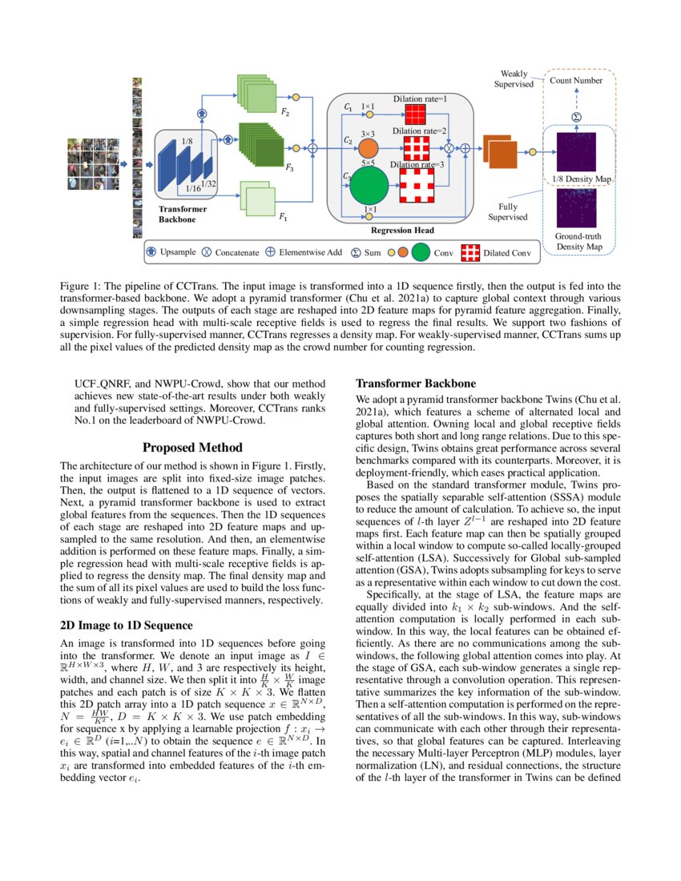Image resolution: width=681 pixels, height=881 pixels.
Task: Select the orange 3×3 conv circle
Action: [x=369, y=148]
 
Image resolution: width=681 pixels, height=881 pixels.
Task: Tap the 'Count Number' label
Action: [x=576, y=81]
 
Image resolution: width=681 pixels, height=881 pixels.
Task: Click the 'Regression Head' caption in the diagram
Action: [x=402, y=231]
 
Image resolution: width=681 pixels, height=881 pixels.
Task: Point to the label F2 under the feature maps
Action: [x=284, y=115]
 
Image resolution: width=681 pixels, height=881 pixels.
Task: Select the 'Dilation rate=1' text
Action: [x=420, y=99]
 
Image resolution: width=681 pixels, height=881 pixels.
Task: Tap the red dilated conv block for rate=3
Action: [x=416, y=186]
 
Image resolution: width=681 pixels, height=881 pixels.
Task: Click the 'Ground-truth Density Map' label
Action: [x=579, y=242]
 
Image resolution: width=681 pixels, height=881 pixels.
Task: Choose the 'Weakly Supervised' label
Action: [x=514, y=78]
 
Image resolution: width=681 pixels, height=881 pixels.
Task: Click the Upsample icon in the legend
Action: [x=152, y=252]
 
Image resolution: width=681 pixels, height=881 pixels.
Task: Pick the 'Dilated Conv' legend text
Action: [x=508, y=253]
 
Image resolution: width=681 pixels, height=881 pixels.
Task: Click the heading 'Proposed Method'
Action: [x=192, y=448]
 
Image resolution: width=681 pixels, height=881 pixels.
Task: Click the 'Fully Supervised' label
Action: [x=508, y=211]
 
